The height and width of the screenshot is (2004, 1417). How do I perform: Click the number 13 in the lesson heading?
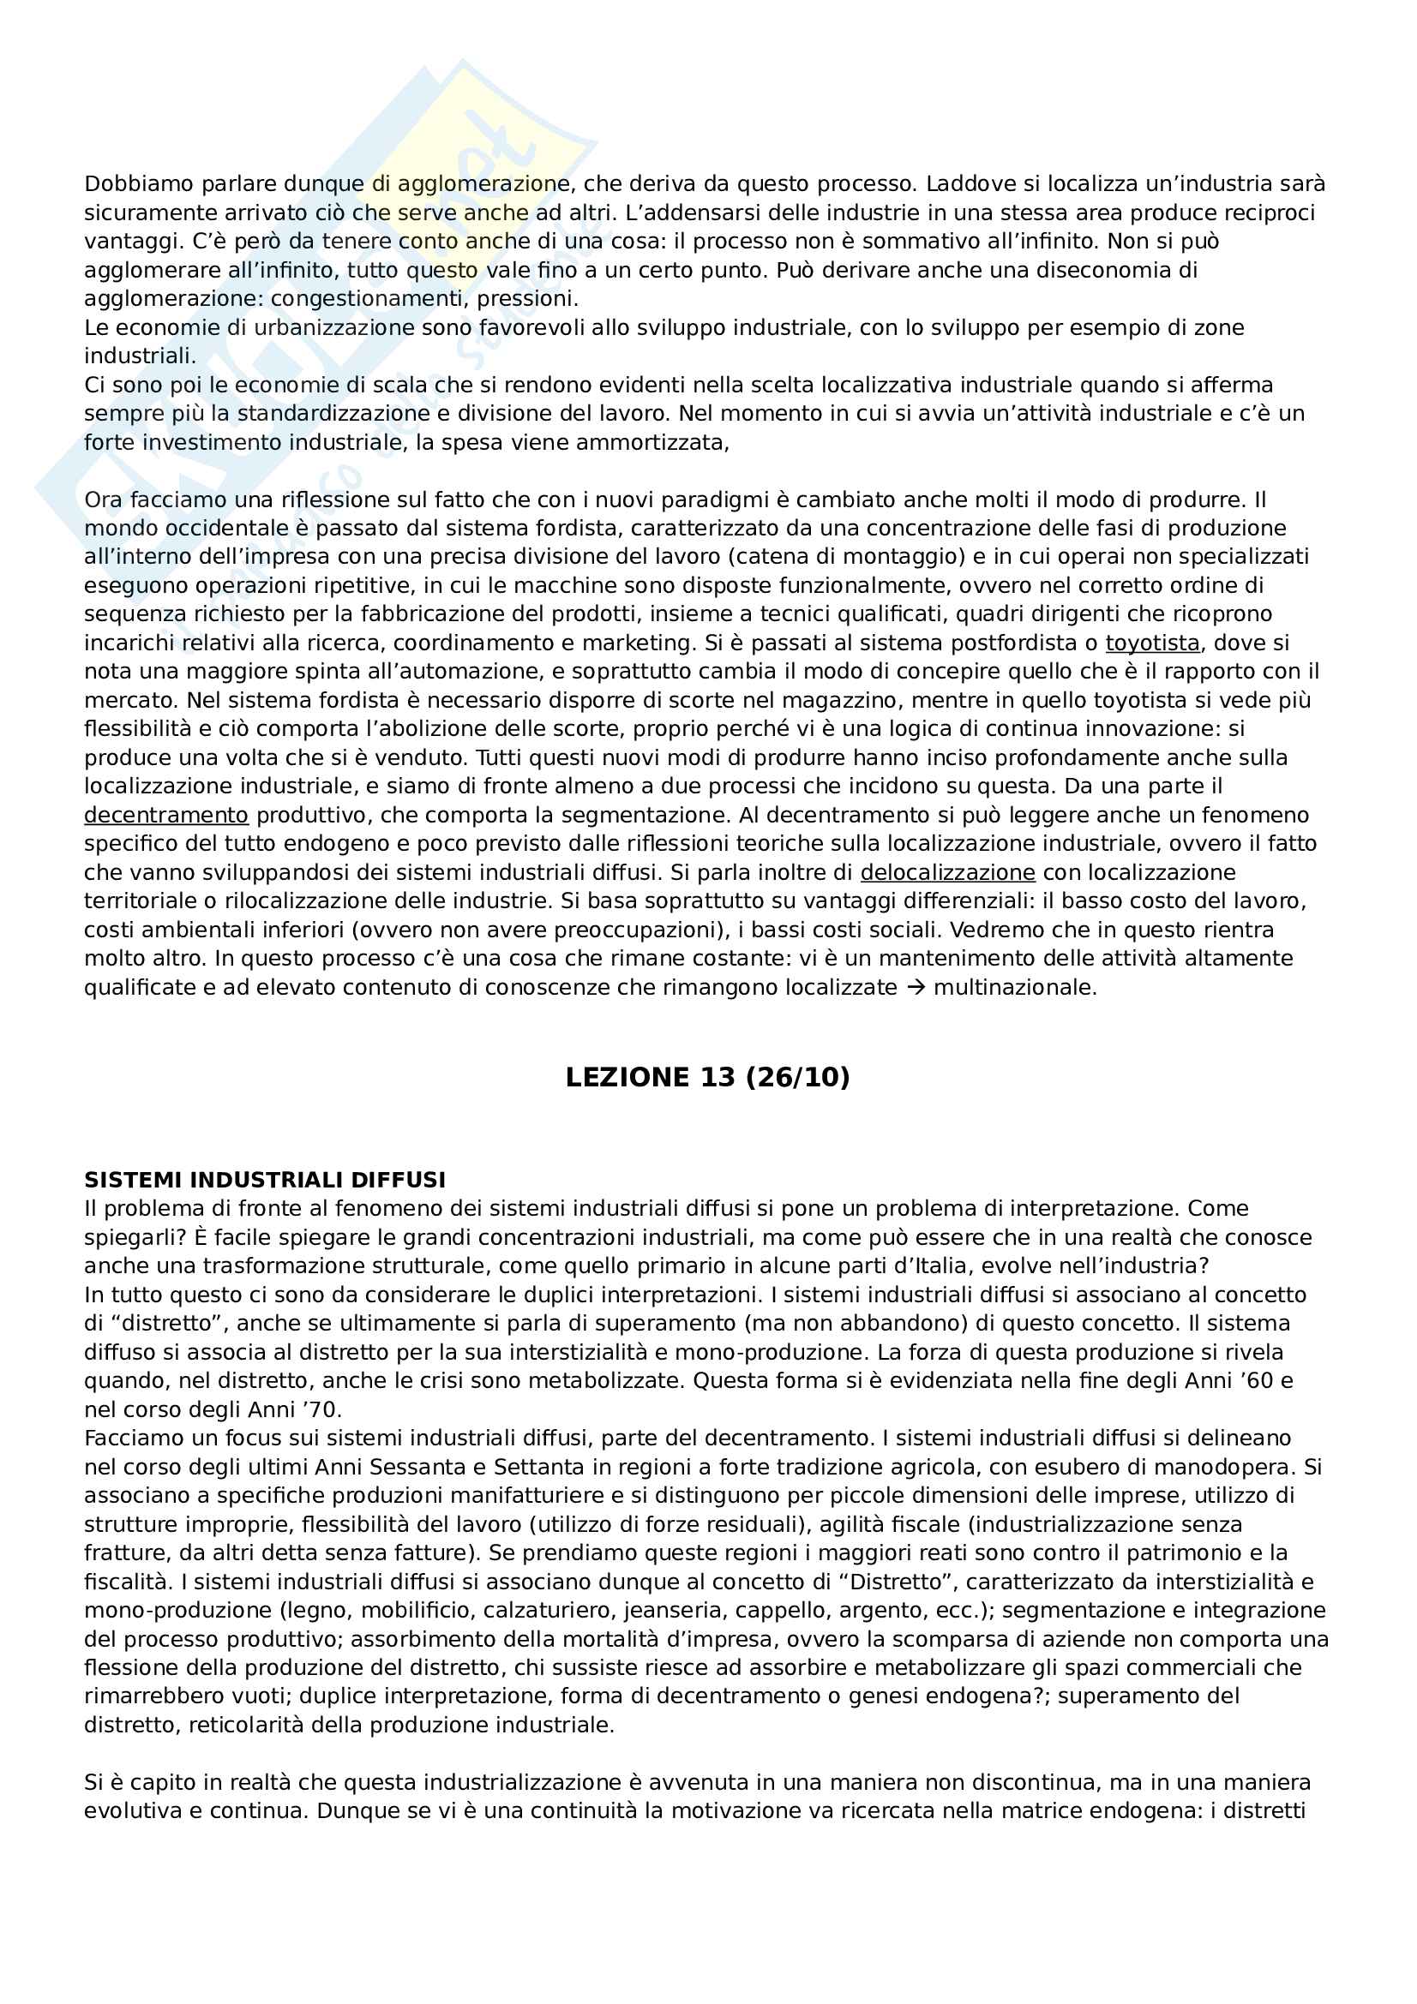[x=718, y=1078]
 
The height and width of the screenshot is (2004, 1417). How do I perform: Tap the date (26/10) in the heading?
[x=797, y=1078]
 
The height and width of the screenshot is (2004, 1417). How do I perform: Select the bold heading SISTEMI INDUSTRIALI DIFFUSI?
[x=265, y=1180]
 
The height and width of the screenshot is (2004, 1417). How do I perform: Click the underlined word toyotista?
[x=1152, y=643]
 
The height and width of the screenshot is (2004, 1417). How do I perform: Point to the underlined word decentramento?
[x=166, y=815]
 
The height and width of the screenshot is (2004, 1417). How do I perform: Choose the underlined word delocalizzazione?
[x=947, y=873]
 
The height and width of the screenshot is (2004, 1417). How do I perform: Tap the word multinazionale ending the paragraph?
[x=1014, y=988]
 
